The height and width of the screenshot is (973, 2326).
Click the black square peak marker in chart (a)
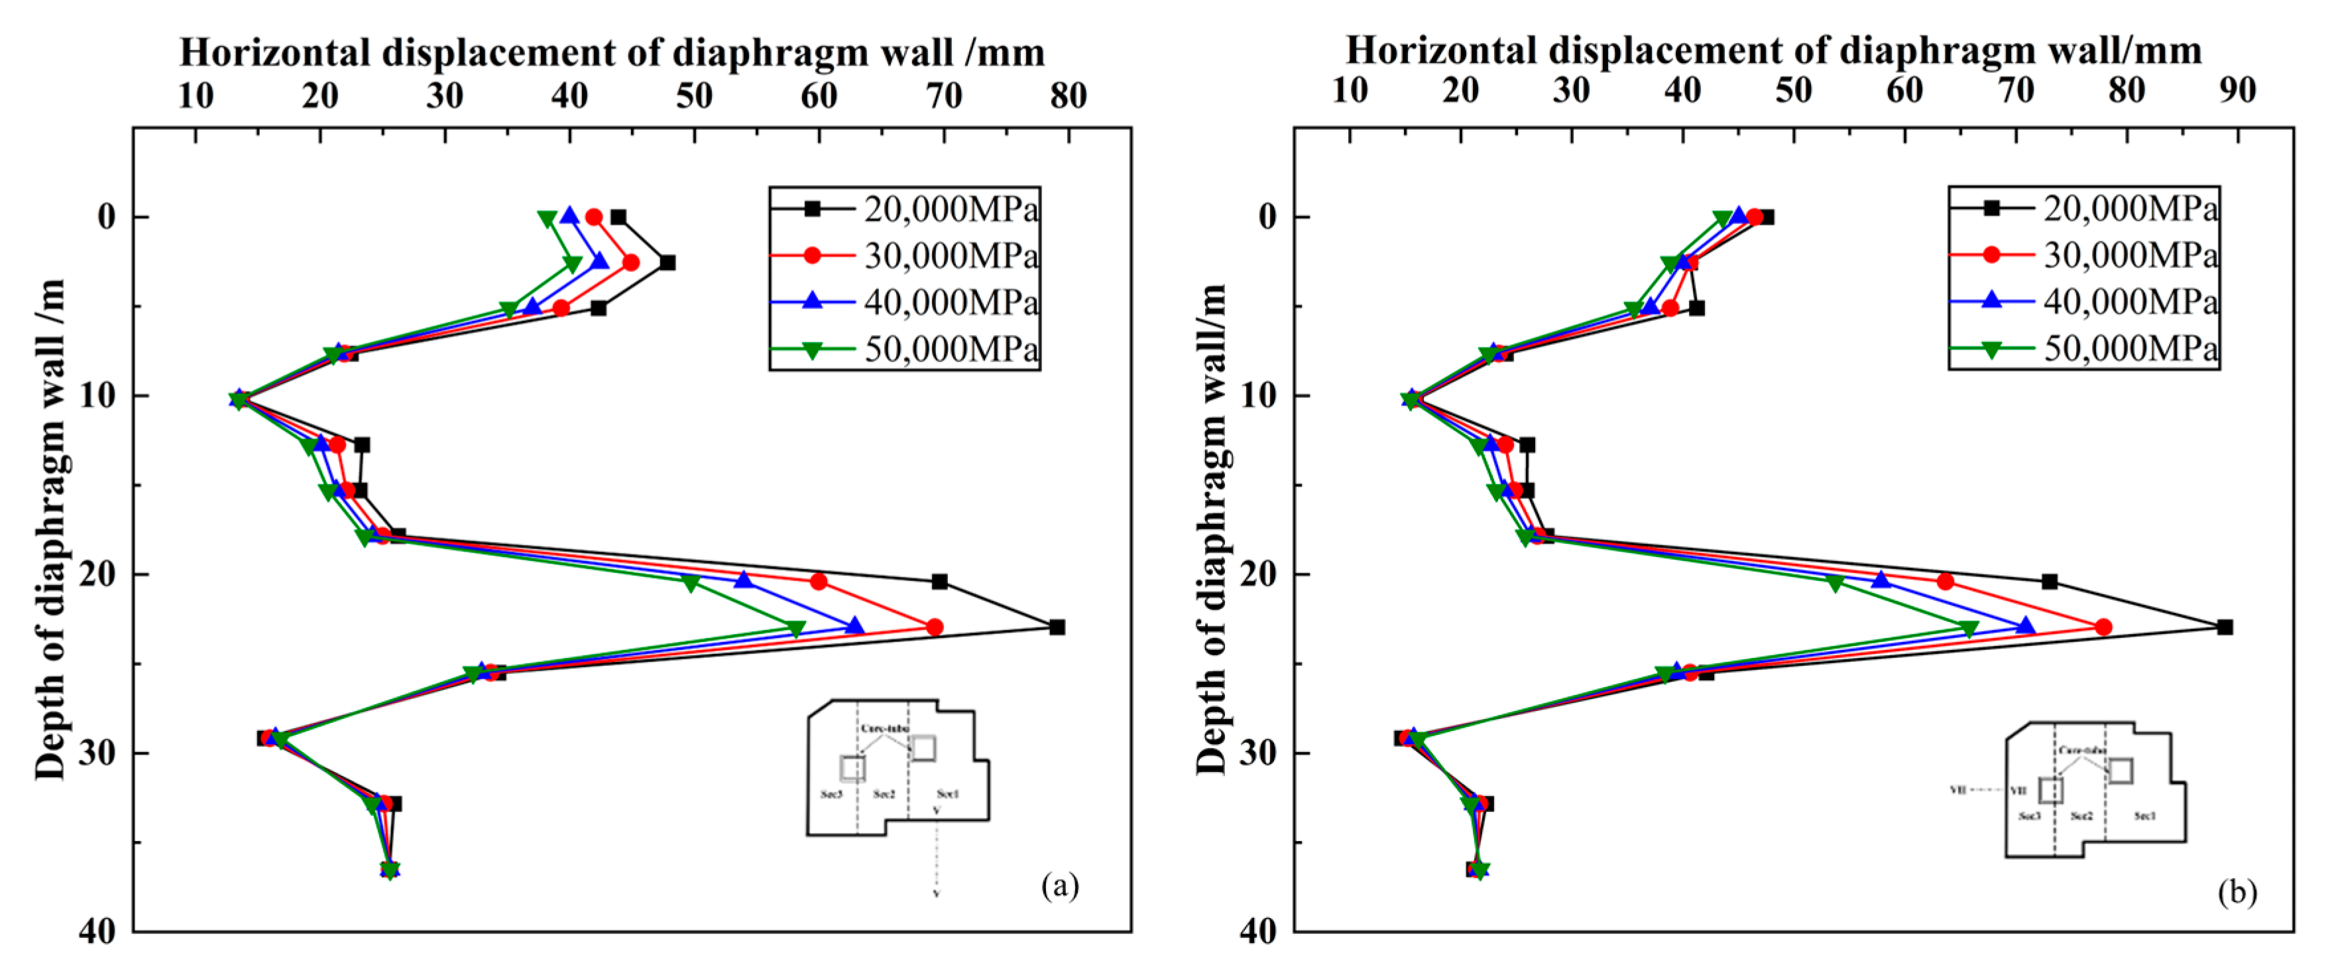(1057, 627)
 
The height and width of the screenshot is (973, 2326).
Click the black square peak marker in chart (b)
(2225, 627)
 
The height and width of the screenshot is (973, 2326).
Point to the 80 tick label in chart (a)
(1068, 96)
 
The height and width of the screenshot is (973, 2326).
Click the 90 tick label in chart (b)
(2237, 90)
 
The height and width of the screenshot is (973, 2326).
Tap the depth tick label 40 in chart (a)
(97, 931)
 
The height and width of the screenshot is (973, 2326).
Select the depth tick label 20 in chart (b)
(1257, 574)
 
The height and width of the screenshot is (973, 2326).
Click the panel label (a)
(1059, 885)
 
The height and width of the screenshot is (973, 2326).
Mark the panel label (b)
(2237, 893)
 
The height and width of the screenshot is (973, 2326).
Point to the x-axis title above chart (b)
(1773, 50)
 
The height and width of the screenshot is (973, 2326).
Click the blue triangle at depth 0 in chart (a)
(569, 216)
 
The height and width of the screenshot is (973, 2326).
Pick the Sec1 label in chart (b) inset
(2144, 816)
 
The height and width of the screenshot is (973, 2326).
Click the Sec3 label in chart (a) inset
(831, 794)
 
